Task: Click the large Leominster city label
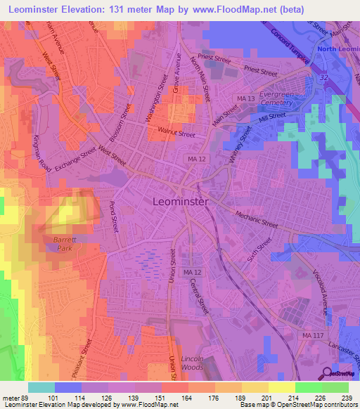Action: click(180, 202)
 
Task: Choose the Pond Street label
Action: click(111, 218)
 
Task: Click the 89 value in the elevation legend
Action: click(20, 397)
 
